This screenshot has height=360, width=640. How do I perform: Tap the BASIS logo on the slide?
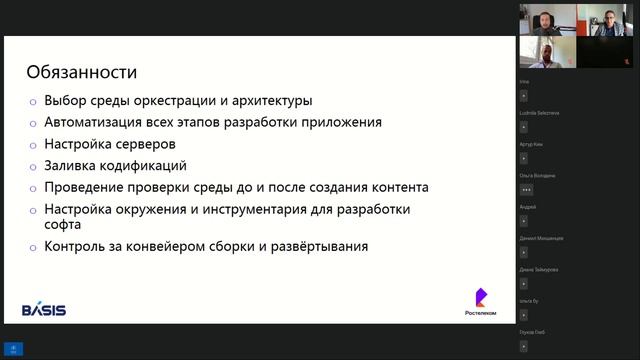click(x=44, y=310)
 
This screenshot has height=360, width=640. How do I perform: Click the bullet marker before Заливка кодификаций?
click(x=32, y=167)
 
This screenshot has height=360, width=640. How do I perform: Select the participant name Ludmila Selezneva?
click(x=541, y=113)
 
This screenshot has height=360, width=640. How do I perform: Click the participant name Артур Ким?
click(x=531, y=144)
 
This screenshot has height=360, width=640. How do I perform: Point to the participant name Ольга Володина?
click(x=537, y=175)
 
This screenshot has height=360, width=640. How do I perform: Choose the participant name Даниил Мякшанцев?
click(x=541, y=238)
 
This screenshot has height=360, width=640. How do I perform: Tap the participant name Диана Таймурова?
click(x=539, y=269)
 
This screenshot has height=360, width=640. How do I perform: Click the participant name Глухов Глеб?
click(x=533, y=330)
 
